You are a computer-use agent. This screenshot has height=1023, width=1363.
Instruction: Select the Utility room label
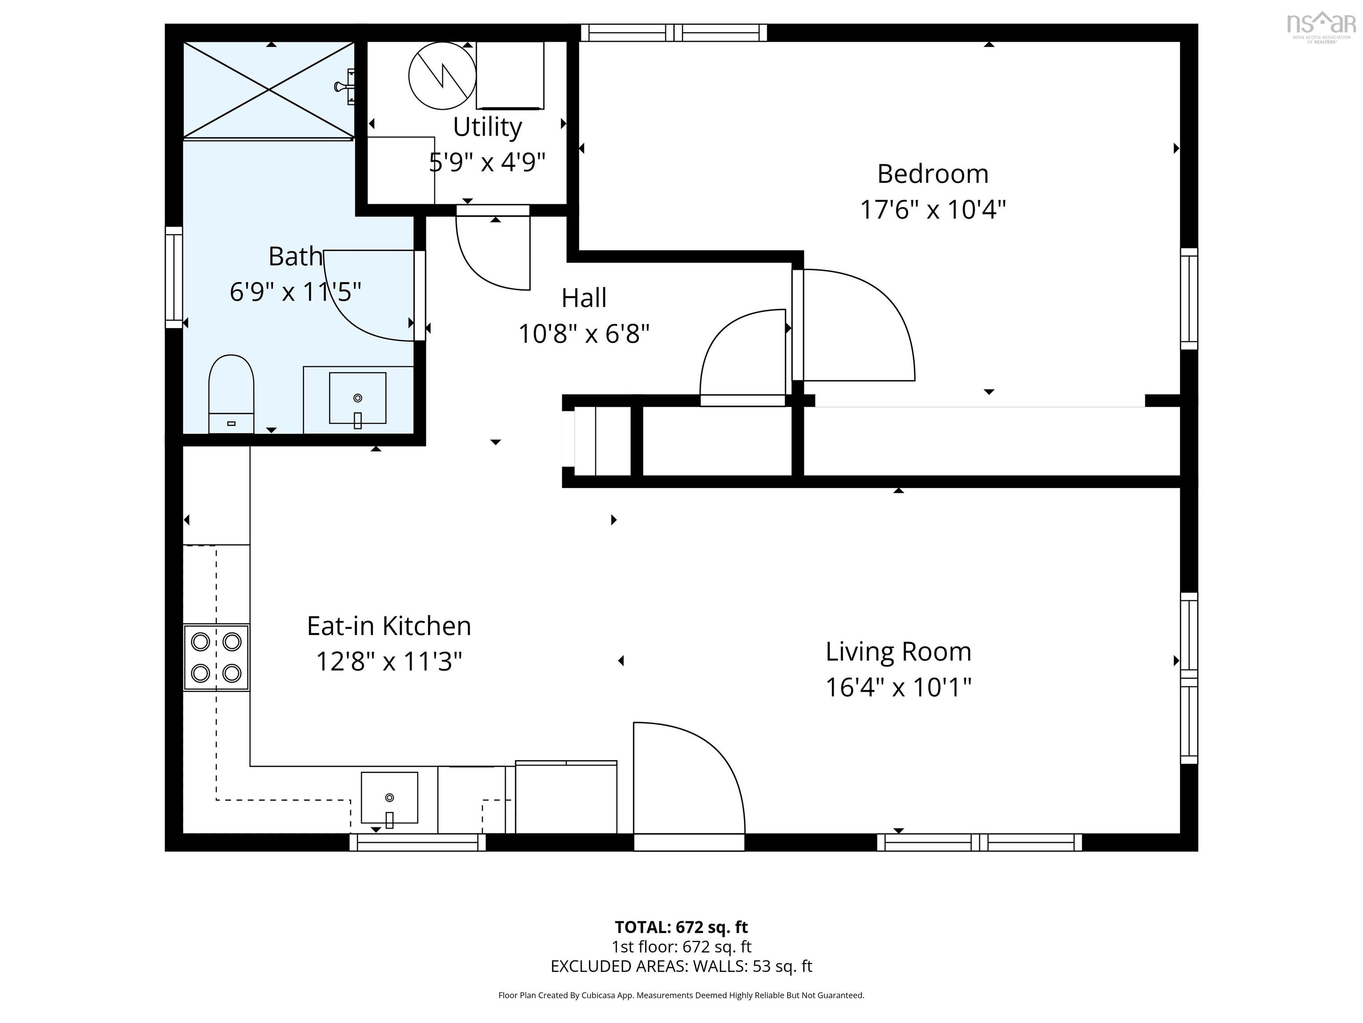click(x=488, y=127)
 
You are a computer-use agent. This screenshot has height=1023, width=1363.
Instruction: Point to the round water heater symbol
click(x=442, y=76)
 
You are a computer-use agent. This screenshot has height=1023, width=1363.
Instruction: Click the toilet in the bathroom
click(x=231, y=393)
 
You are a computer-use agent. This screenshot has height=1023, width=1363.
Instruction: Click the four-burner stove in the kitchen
click(x=216, y=657)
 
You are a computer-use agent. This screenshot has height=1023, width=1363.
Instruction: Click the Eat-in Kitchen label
click(x=389, y=626)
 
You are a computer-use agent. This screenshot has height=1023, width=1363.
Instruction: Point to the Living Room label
click(x=898, y=652)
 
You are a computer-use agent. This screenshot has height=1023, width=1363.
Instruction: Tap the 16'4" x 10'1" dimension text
click(x=898, y=687)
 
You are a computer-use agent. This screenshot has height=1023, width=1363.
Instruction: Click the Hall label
click(x=583, y=298)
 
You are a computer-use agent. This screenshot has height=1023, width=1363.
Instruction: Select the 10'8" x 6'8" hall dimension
click(x=583, y=334)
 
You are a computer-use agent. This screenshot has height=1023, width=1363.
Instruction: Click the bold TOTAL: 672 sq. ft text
click(x=681, y=927)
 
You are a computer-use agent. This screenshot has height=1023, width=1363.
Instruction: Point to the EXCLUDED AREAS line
click(x=681, y=966)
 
